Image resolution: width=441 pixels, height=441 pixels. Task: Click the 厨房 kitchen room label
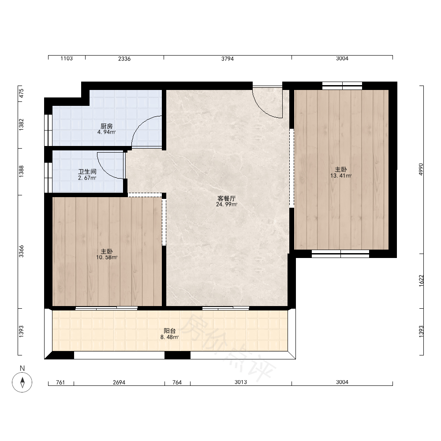tap(107, 126)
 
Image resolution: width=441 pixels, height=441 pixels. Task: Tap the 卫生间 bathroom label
tap(87, 172)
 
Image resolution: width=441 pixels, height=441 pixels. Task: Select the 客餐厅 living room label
tap(226, 198)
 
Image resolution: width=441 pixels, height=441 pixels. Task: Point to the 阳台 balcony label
tap(170, 331)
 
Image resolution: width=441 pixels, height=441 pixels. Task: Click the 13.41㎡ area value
tap(341, 176)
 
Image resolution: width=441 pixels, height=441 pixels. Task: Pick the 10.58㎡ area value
tap(107, 258)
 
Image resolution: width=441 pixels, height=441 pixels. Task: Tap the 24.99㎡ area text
tap(227, 205)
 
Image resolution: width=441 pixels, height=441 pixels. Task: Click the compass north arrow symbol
tap(22, 382)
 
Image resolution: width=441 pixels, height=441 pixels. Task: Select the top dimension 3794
tap(228, 59)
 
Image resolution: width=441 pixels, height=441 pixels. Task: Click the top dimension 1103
tap(67, 59)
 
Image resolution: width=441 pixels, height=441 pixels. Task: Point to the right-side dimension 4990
tap(421, 169)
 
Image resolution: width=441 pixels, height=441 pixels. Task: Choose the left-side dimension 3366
tap(21, 251)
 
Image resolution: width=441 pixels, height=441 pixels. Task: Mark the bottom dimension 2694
tap(119, 382)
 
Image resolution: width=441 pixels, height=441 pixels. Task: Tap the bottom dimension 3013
tap(241, 382)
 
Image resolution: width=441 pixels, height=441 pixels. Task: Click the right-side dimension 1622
tap(421, 280)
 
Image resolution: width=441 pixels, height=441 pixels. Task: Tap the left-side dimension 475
tap(21, 93)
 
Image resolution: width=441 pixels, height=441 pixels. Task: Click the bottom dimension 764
tap(177, 382)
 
